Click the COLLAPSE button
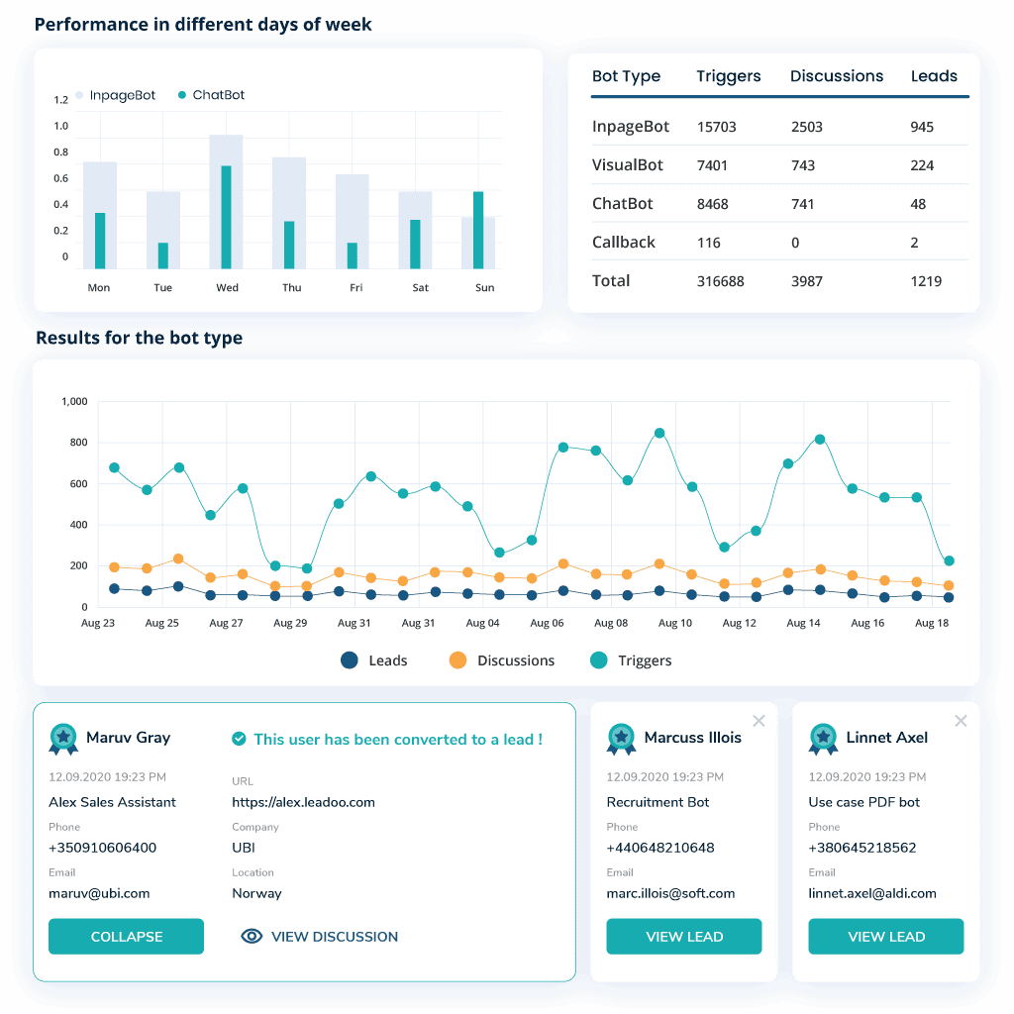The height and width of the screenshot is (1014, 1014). (126, 937)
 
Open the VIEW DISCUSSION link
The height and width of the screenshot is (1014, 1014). (320, 937)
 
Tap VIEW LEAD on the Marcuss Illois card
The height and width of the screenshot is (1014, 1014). (683, 937)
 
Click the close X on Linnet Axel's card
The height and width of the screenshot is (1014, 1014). (960, 721)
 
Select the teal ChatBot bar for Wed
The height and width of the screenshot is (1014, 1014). (226, 217)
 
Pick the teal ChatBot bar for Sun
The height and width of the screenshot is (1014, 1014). (478, 230)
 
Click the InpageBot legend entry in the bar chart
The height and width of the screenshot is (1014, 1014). (116, 96)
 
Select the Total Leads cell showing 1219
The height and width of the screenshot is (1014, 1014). (926, 281)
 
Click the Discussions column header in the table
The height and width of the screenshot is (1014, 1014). (836, 76)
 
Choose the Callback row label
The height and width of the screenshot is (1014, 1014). (623, 243)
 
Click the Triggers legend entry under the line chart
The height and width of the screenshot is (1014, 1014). (631, 660)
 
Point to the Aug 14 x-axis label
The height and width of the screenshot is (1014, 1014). (803, 624)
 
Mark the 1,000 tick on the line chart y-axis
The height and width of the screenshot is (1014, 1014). (74, 402)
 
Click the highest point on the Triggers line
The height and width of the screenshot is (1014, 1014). (659, 433)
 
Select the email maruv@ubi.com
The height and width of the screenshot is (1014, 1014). (99, 893)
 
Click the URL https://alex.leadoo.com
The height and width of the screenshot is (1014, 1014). (303, 802)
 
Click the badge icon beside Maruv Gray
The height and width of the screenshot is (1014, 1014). (63, 738)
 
